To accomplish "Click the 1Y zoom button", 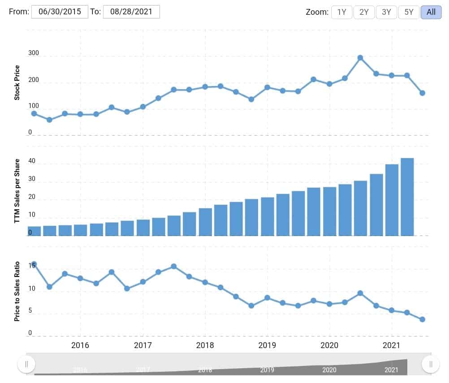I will (x=341, y=12).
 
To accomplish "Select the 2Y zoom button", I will (x=364, y=12).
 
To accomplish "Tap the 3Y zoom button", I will (x=386, y=12).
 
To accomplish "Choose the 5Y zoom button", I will (x=409, y=12).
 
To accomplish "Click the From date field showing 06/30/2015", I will (x=60, y=12).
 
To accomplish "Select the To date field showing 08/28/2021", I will (x=131, y=12).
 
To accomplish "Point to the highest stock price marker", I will (x=360, y=58).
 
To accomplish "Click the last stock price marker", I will (x=422, y=93).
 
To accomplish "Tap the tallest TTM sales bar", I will (x=407, y=197).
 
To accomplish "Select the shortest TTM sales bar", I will (x=35, y=231).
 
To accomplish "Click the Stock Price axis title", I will (x=17, y=82).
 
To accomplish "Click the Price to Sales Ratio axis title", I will (x=17, y=292).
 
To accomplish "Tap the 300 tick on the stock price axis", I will (x=34, y=53).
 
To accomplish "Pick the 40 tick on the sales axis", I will (x=31, y=161).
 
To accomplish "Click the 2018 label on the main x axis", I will (x=205, y=345).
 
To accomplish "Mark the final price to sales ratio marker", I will (x=422, y=319).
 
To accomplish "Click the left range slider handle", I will (x=26, y=364).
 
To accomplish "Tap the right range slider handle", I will (x=431, y=364).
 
